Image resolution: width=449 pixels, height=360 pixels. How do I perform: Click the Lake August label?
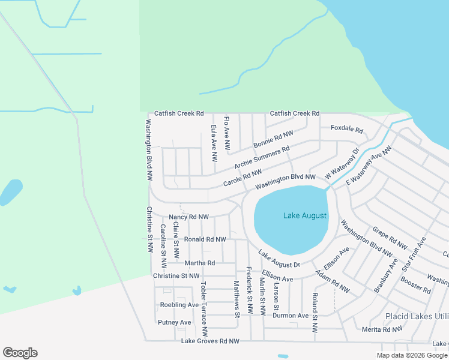[x=305, y=215]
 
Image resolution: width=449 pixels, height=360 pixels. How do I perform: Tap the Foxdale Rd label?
[x=347, y=130]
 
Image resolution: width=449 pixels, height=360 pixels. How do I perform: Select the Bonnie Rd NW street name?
[x=273, y=140]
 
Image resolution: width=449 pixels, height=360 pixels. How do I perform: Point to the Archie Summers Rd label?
[x=262, y=157]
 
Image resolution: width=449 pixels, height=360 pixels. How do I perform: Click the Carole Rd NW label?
[x=243, y=177]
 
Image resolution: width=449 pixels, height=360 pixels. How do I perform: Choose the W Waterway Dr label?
[x=342, y=163]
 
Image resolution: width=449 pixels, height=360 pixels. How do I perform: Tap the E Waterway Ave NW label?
[x=369, y=165]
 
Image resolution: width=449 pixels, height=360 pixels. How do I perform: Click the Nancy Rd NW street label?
[x=188, y=217]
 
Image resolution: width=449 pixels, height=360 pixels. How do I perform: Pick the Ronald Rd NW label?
[x=205, y=239]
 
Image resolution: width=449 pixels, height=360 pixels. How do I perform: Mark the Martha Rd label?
[x=199, y=263]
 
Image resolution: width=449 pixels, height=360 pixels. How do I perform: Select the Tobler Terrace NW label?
[x=203, y=308]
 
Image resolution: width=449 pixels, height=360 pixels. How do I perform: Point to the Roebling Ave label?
[x=179, y=305]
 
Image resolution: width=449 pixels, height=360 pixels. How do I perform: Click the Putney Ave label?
[x=175, y=322]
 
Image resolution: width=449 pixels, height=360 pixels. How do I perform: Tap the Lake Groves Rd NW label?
[x=210, y=341]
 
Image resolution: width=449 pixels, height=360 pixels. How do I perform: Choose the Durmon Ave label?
[x=292, y=316]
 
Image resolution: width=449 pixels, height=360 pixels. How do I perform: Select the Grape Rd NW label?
[x=390, y=238]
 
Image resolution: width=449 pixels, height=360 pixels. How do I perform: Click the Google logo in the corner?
[x=20, y=353]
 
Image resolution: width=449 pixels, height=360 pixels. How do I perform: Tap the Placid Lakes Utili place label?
[x=416, y=316]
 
